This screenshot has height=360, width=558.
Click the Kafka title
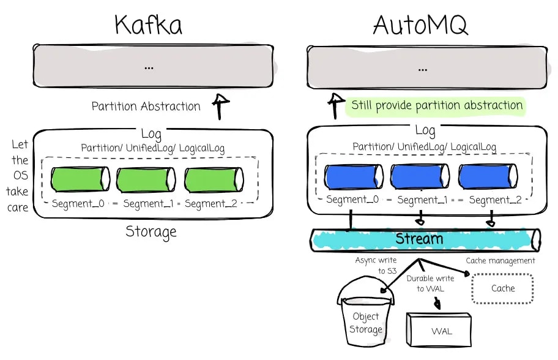[x=149, y=25]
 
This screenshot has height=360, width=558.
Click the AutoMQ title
[x=420, y=25]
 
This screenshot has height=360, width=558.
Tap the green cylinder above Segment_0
[x=80, y=179]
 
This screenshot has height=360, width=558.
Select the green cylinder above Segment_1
[x=146, y=179]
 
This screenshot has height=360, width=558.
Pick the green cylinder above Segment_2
[x=214, y=179]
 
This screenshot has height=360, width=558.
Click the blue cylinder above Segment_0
[x=354, y=176]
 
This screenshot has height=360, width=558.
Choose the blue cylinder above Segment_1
[x=420, y=176]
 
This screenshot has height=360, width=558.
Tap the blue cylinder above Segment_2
[x=488, y=176]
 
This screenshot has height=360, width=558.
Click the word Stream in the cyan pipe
[x=419, y=239]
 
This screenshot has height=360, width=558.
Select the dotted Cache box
[x=502, y=288]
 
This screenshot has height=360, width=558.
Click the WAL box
[x=439, y=330]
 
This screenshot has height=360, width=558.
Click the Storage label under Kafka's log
[x=151, y=232]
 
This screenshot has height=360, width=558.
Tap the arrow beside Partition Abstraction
[x=221, y=107]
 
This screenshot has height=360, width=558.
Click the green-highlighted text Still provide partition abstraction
[x=437, y=105]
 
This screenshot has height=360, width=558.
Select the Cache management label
[x=500, y=261]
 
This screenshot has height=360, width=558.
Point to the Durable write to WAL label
[x=430, y=283]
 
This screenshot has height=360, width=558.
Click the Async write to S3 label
[x=376, y=266]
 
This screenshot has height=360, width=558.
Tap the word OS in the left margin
[x=20, y=175]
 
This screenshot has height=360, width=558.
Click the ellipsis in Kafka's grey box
[x=149, y=68]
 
